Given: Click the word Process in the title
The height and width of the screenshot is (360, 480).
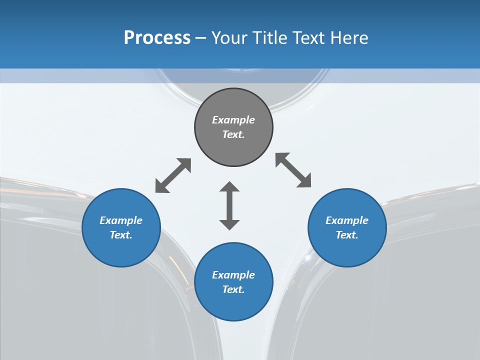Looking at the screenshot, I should point(157,38).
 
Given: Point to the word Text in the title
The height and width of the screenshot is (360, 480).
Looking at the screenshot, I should point(309,38).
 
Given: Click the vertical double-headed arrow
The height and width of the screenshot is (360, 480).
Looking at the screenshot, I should point(229,205).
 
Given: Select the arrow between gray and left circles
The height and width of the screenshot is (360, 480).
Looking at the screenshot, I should point(173,175).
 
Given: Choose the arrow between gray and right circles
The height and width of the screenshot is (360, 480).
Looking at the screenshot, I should point(293,170).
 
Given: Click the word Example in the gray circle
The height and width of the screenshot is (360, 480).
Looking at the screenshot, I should point(233,120).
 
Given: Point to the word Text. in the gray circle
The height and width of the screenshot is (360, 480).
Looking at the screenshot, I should point(233,134).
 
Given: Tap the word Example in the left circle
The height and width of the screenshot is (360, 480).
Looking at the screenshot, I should point(121,220).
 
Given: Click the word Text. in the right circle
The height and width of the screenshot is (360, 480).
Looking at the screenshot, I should point(347,235).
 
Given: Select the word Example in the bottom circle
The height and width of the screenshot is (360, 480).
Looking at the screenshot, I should point(233,275).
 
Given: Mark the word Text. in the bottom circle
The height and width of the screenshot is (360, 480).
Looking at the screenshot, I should point(233,289).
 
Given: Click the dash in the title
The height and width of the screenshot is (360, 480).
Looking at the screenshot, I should point(200,38).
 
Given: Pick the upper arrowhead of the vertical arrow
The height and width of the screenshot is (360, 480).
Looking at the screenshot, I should point(229,187).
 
